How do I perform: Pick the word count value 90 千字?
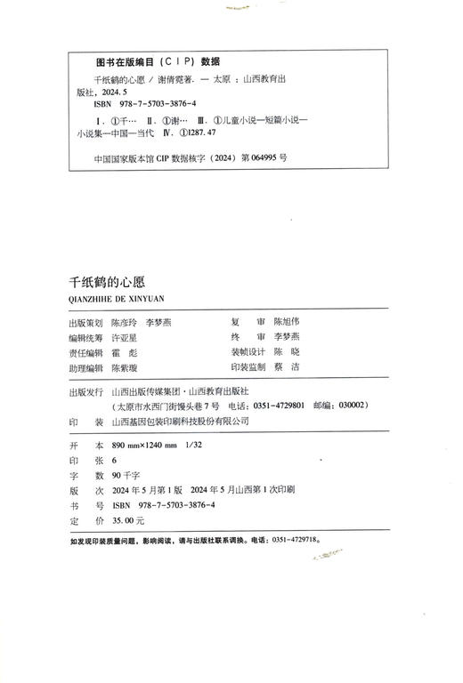[x=128, y=476]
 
